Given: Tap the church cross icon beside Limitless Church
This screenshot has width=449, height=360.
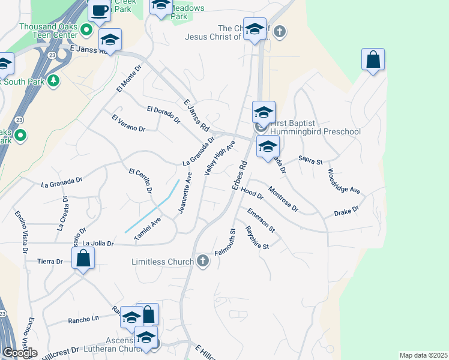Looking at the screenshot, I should (203, 261).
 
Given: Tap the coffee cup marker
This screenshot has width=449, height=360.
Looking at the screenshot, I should (99, 10).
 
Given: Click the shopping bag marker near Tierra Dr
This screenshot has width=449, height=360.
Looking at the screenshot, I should (83, 259).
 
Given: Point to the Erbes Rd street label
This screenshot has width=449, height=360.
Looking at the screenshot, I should (240, 175).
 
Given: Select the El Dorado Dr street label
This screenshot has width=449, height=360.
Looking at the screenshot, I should (163, 115).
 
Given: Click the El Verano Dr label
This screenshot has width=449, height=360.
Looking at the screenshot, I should (128, 124).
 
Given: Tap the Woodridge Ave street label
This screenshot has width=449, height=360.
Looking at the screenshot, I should (343, 181).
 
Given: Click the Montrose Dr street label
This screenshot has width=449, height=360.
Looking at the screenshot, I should (283, 199).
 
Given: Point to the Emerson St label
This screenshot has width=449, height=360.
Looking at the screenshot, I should (261, 220).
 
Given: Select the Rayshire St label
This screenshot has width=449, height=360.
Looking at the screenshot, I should (256, 238).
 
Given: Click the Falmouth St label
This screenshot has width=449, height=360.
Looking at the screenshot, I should (227, 243).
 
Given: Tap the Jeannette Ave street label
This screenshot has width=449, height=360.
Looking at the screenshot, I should (184, 193).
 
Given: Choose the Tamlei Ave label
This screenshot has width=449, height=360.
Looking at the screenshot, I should (148, 229).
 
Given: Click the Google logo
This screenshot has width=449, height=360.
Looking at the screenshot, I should (20, 353).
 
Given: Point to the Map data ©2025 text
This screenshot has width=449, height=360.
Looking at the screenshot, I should (423, 355).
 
